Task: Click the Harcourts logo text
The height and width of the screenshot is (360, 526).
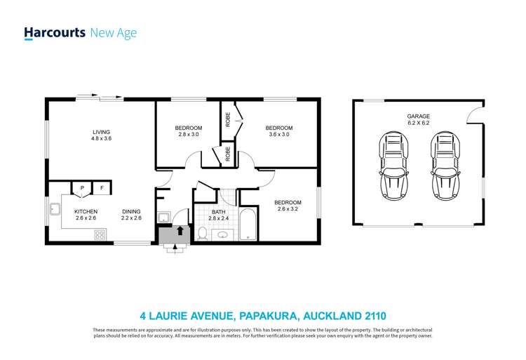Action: point(54,32)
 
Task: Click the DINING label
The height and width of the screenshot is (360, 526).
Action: point(131,211)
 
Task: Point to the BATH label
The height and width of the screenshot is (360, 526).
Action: point(218,212)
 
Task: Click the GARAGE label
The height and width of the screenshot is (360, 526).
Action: point(418,116)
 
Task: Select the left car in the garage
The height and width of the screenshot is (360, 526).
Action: point(392,166)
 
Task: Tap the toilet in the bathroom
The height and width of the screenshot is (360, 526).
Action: point(201,233)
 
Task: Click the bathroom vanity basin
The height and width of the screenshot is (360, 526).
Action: point(223,235)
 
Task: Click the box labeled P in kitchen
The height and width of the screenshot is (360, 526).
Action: point(82,188)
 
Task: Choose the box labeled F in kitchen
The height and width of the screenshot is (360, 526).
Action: point(101,188)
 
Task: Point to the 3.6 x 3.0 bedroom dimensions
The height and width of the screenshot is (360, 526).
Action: point(278,134)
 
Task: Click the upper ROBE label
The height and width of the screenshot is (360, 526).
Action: point(228,119)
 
